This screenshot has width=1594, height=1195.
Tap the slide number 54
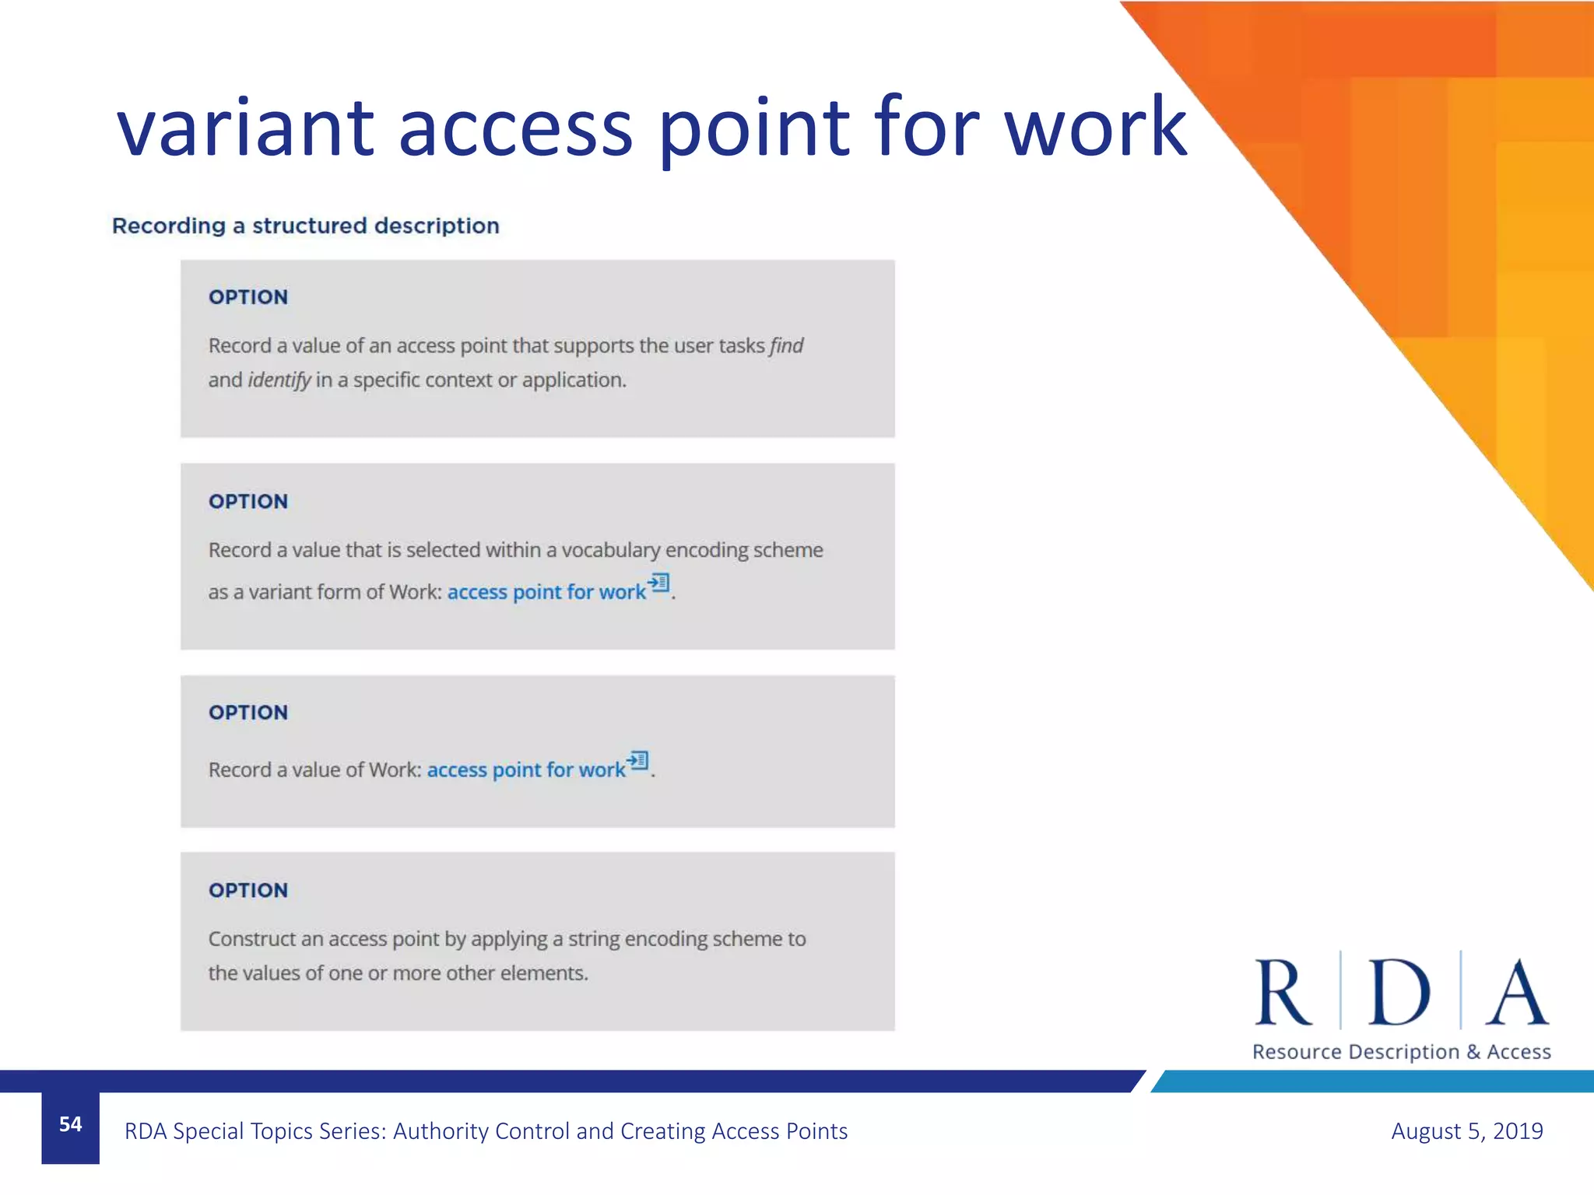click(x=70, y=1124)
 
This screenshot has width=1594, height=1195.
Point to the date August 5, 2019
click(x=1466, y=1130)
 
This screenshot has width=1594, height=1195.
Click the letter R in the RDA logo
click(x=1283, y=993)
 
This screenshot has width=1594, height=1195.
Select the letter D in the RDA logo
click(x=1399, y=993)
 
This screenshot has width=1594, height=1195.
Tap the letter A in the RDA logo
click(x=1517, y=993)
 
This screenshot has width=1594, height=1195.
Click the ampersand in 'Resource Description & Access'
click(x=1473, y=1052)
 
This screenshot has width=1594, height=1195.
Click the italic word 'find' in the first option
click(x=787, y=345)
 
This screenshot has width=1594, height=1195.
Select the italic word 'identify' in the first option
click(x=279, y=380)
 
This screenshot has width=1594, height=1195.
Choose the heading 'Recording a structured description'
click(x=306, y=226)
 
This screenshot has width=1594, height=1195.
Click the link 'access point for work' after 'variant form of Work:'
click(x=546, y=592)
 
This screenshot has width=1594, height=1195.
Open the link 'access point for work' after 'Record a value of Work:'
click(x=526, y=769)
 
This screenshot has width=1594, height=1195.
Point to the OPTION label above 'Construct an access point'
click(x=248, y=890)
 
